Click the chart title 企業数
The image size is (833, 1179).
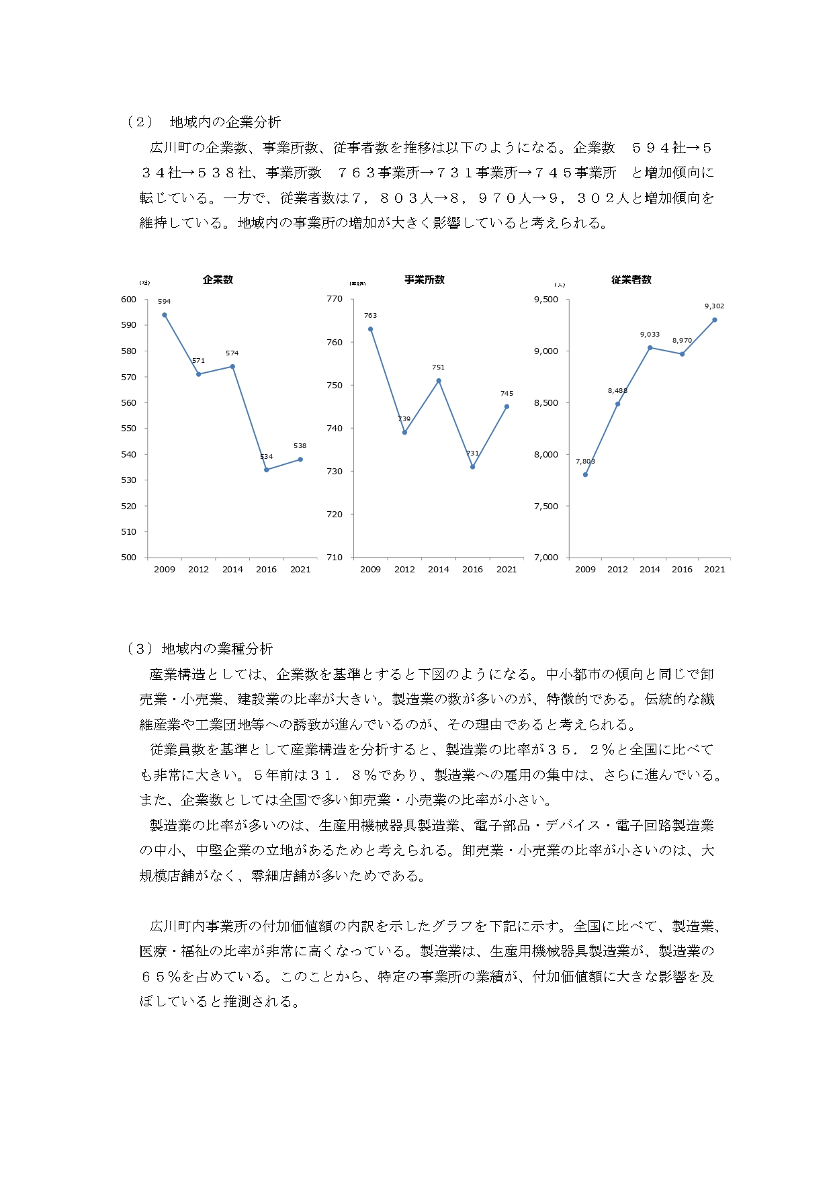tap(218, 280)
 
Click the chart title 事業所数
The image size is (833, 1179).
tap(424, 280)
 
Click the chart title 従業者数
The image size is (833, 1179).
tap(631, 280)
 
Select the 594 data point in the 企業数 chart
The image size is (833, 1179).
tap(165, 315)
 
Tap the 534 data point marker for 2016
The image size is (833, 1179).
tap(267, 470)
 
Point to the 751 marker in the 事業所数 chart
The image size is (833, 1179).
tap(439, 381)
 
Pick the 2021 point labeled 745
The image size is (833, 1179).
tap(507, 406)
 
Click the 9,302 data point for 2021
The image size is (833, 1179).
tap(714, 320)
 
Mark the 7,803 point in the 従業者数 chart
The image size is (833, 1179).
tap(585, 474)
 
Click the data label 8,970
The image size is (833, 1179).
tap(682, 341)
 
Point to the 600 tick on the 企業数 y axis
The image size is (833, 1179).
tap(128, 300)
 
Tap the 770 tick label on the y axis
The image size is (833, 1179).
tap(335, 300)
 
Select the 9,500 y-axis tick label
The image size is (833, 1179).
tap(545, 300)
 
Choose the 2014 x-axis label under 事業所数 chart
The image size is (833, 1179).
tap(439, 570)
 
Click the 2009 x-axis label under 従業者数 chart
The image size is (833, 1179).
tap(585, 570)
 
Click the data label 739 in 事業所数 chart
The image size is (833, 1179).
tap(404, 419)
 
